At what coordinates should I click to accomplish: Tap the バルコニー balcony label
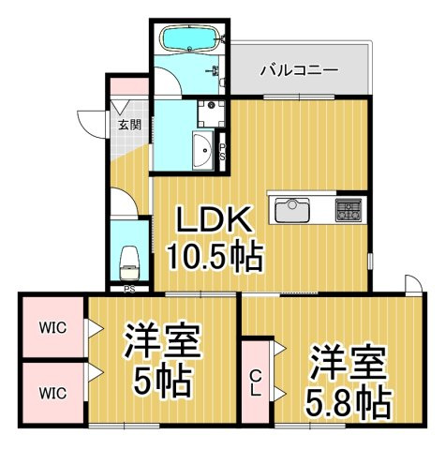tap(299, 70)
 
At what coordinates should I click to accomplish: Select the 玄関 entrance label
tap(129, 125)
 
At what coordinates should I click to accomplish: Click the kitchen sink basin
tap(292, 210)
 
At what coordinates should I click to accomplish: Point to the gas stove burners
tap(349, 210)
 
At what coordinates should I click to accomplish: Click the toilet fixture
tap(129, 263)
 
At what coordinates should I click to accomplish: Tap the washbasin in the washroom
tap(203, 150)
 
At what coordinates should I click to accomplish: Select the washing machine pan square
tap(212, 113)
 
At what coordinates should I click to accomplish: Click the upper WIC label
tap(52, 328)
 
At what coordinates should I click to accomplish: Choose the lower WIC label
tap(52, 393)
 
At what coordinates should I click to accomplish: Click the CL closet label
tap(256, 382)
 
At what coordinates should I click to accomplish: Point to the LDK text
tap(214, 219)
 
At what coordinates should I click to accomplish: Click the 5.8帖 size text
tap(348, 403)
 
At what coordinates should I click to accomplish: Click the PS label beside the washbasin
tap(222, 152)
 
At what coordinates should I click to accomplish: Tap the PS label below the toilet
tap(129, 290)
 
